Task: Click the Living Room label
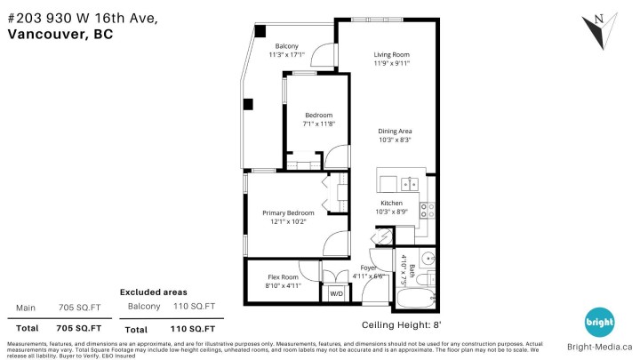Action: pos(390,54)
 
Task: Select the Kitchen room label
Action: pos(392,203)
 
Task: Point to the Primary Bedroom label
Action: pos(288,213)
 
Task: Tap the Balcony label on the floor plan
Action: pos(286,46)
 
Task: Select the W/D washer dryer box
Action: pos(337,293)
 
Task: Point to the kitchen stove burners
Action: pos(427,211)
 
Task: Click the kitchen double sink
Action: pos(409,184)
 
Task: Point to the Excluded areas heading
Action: pos(154,292)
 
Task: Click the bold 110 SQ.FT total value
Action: pos(192,329)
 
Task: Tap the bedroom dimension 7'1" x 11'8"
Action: pos(318,124)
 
